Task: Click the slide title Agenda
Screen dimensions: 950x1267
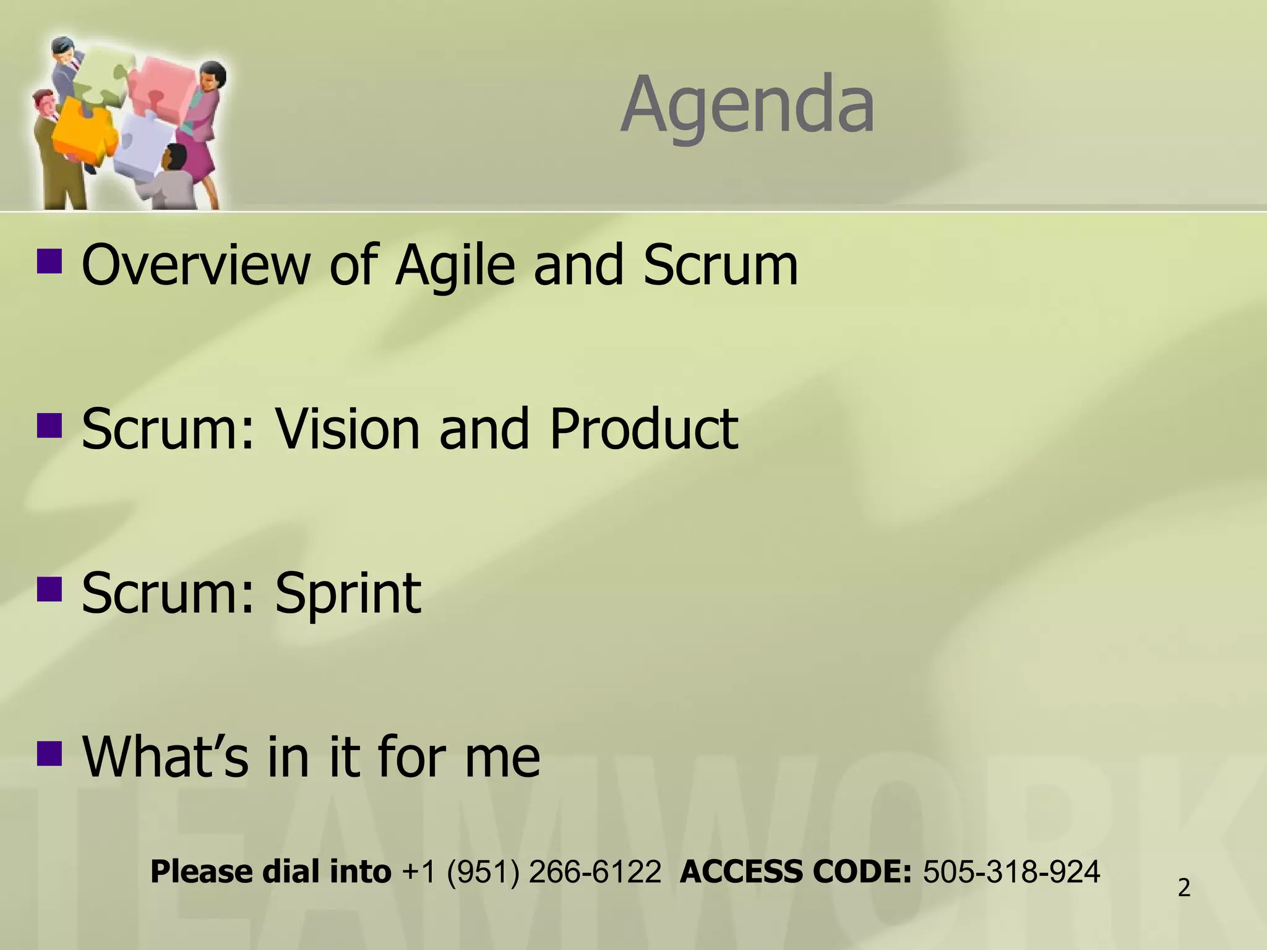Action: pyautogui.click(x=747, y=105)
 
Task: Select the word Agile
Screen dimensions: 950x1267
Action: pyautogui.click(x=455, y=266)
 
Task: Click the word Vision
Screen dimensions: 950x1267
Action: pyautogui.click(x=347, y=429)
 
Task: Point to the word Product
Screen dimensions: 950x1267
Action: pyautogui.click(x=643, y=429)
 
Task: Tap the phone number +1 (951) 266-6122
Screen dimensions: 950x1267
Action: pyautogui.click(x=531, y=872)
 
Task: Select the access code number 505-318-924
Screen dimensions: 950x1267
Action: pyautogui.click(x=1011, y=872)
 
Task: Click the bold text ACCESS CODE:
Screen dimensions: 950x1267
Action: pyautogui.click(x=796, y=872)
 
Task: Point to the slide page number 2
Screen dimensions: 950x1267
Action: pyautogui.click(x=1184, y=888)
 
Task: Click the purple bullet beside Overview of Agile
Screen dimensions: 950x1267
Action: pyautogui.click(x=49, y=261)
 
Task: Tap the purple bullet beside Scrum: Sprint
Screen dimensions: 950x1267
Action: pyautogui.click(x=49, y=589)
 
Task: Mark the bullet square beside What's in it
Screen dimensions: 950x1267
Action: pyautogui.click(x=49, y=753)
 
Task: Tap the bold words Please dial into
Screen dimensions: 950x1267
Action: pyautogui.click(x=270, y=872)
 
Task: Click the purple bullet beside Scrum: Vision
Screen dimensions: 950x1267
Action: pyautogui.click(x=49, y=425)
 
